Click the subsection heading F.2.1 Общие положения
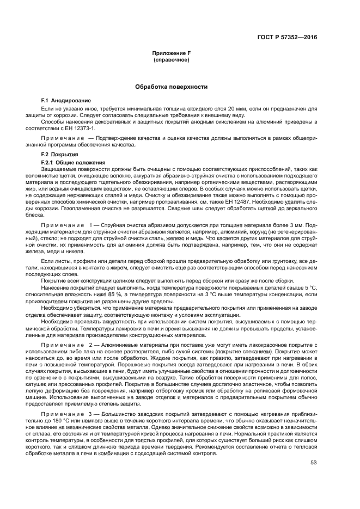click(70, 163)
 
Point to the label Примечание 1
click(70, 225)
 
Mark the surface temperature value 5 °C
click(309, 287)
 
